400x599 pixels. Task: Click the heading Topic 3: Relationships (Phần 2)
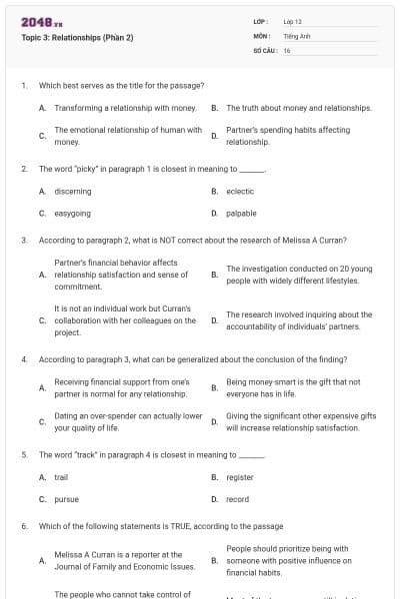(77, 38)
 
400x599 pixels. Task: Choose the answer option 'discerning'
(73, 191)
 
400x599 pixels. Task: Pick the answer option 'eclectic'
(240, 191)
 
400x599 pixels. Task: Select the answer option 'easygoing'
(72, 213)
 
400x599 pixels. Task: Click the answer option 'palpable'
(241, 213)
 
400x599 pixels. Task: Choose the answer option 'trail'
(61, 477)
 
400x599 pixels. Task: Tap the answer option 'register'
(240, 477)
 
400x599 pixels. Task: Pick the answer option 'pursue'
(66, 499)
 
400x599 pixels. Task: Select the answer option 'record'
(237, 499)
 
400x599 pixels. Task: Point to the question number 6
(24, 525)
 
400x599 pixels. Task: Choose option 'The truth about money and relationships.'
(299, 107)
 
